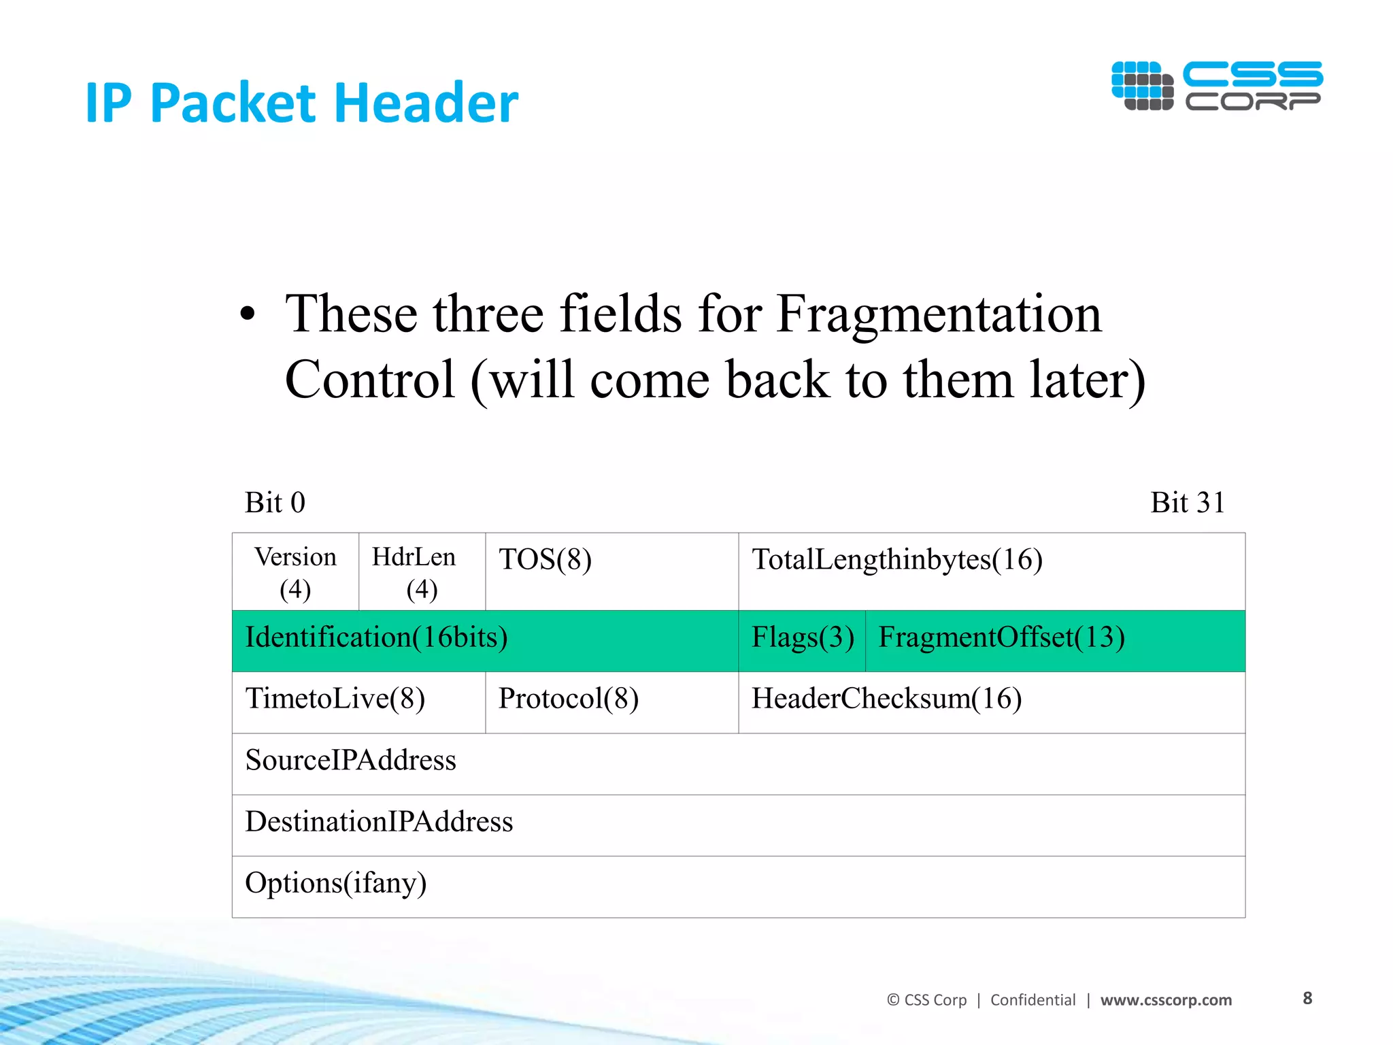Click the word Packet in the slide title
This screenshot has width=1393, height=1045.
[x=235, y=103]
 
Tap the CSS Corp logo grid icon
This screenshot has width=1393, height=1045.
[x=1142, y=86]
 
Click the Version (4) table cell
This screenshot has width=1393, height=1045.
[x=295, y=572]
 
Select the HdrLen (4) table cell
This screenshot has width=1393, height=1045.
[x=422, y=572]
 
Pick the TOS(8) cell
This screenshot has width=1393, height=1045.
[x=612, y=571]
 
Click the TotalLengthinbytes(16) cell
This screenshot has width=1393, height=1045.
[x=992, y=571]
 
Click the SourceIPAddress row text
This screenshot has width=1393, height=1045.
[x=350, y=761]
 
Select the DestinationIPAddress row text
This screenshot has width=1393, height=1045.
[x=379, y=822]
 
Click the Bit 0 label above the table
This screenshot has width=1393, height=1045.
[x=275, y=503]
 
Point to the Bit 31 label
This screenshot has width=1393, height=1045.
[x=1187, y=503]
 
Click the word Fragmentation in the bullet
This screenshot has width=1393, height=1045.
[x=938, y=314]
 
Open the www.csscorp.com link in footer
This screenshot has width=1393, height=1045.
[x=1166, y=1000]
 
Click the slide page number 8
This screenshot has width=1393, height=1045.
[x=1307, y=998]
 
